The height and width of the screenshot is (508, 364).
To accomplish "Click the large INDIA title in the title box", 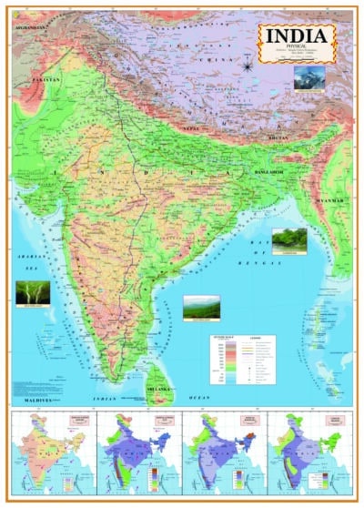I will pos(297,35).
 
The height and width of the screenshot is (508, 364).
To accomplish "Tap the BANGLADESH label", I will pos(270,170).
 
